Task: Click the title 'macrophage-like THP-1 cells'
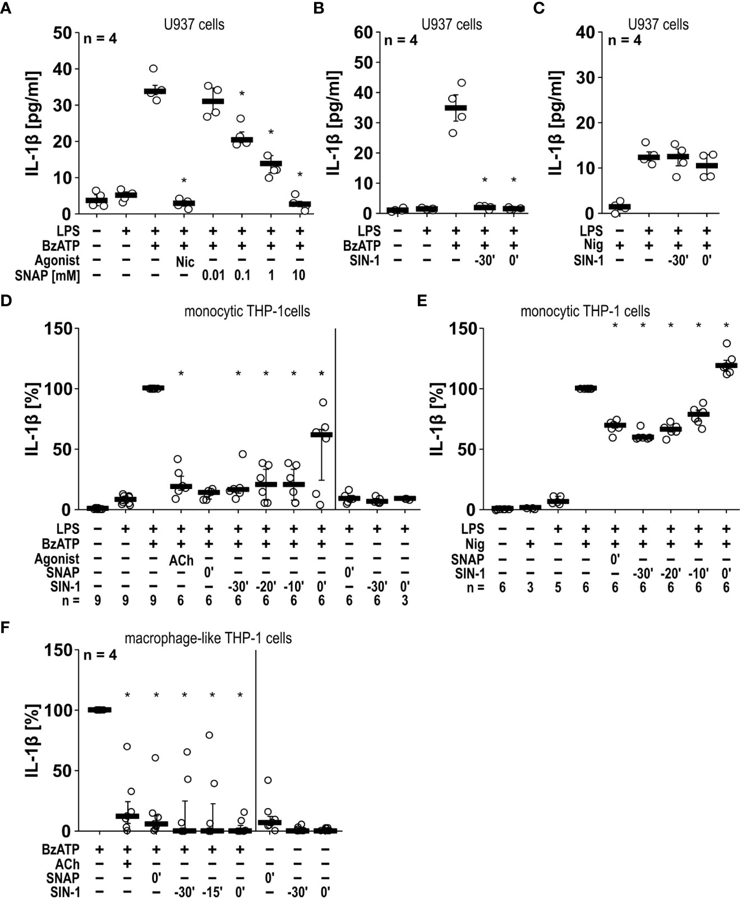[x=208, y=638]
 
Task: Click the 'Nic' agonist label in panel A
[x=183, y=260]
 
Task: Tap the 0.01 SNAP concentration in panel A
[x=213, y=275]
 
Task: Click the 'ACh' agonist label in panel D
[x=181, y=559]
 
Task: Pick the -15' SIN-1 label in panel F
[x=212, y=892]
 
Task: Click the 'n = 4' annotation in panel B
[x=400, y=40]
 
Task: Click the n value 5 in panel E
[x=557, y=588]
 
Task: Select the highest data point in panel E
[x=727, y=343]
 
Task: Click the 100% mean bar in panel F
[x=100, y=710]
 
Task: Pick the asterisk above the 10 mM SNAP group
[x=299, y=175]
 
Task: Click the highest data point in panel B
[x=462, y=83]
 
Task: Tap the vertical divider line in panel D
[x=335, y=418]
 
